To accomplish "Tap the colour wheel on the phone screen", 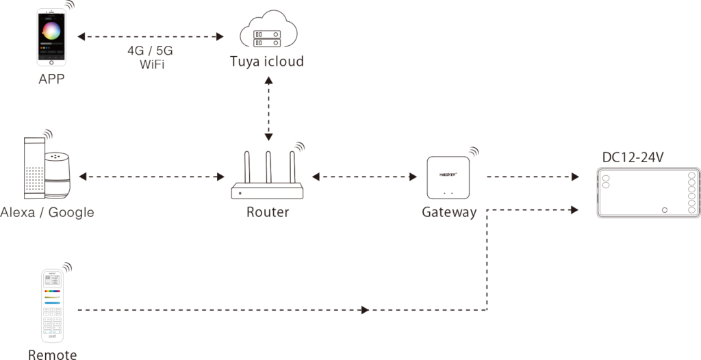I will tap(51, 31).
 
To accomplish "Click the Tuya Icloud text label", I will tap(268, 62).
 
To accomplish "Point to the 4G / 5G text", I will tap(151, 52).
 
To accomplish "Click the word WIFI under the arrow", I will tap(151, 65).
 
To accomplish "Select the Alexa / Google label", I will tap(47, 212).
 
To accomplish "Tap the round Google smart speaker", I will tap(58, 171).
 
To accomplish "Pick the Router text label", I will tap(268, 212).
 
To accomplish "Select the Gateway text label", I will tap(449, 212).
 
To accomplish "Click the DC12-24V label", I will tap(633, 158).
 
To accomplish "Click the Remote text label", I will tap(53, 354).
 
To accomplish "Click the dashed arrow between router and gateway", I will tap(364, 177).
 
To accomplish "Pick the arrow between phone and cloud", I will tap(151, 36).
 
